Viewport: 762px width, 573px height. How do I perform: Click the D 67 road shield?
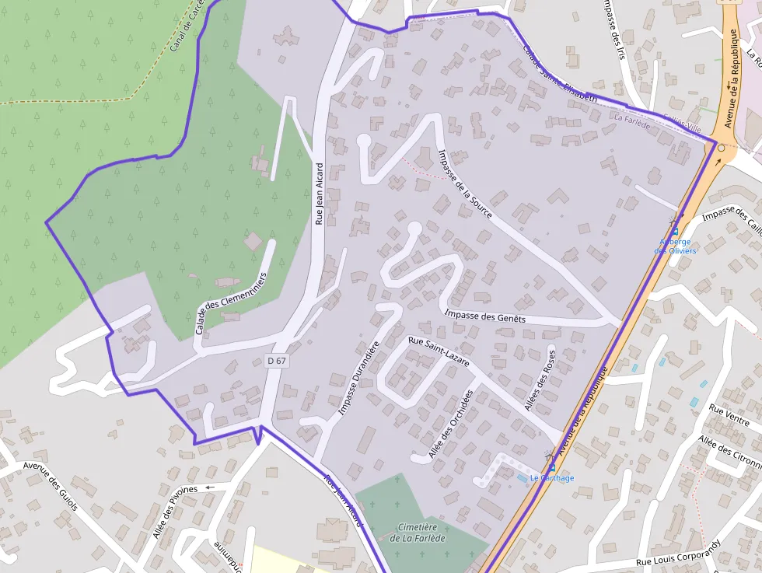click(276, 361)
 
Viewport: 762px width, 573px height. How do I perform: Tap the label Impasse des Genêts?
click(484, 316)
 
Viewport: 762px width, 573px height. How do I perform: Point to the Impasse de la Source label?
click(464, 183)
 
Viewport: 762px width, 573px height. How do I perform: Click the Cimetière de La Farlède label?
click(419, 533)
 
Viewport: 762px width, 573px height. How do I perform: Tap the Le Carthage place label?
click(551, 477)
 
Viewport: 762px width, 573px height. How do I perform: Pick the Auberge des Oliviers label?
click(675, 246)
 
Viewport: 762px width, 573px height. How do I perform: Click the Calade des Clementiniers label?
click(232, 304)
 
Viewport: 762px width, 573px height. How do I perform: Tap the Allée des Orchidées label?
click(451, 424)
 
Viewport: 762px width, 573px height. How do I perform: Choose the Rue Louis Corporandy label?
click(679, 554)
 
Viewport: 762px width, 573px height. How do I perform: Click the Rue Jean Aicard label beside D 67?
click(319, 194)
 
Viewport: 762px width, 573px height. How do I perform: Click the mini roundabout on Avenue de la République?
click(722, 148)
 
